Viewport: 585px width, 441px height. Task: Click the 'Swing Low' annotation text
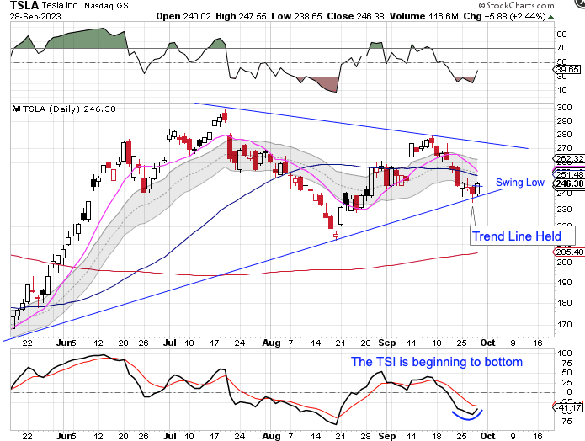tap(519, 182)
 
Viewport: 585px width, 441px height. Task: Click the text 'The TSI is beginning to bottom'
tap(437, 362)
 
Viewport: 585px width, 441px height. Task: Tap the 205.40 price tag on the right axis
tap(570, 252)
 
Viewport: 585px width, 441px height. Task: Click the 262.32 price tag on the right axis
tap(570, 157)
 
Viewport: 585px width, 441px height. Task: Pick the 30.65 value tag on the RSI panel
tap(569, 69)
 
